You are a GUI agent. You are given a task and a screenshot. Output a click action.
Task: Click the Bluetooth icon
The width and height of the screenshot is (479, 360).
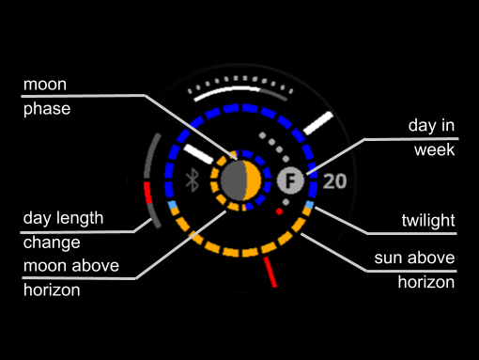coord(193,180)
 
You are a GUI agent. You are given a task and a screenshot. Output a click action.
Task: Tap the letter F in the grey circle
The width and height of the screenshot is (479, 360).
coord(290,180)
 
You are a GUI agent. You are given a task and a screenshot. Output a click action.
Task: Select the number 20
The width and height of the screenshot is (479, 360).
coord(334,181)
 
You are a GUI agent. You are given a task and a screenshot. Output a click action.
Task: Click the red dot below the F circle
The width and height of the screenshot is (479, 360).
coord(279,211)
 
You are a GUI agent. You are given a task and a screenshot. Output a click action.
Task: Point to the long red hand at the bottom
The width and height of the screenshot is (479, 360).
coord(270,272)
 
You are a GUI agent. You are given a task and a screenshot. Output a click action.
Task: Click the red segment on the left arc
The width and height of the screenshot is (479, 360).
coord(147,193)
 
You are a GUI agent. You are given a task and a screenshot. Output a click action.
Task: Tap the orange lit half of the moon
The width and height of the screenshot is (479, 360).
coord(253,180)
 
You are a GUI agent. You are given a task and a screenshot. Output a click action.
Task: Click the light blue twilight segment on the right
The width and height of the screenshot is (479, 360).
coord(309,205)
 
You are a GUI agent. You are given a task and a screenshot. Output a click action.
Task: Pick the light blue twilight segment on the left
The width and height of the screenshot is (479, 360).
coord(173,205)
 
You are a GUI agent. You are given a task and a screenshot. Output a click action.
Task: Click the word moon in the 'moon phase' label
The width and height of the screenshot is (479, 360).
coord(45,85)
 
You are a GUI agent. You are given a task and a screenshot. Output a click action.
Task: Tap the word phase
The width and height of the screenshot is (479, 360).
coord(47,109)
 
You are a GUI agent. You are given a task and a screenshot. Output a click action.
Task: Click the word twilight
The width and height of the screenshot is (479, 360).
coord(428,220)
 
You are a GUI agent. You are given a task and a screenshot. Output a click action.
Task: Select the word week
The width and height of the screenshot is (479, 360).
coord(434,149)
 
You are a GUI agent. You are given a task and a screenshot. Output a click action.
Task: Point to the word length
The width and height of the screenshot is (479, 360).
coord(82,218)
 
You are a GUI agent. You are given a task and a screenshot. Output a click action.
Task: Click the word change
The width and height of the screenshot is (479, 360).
coord(52,243)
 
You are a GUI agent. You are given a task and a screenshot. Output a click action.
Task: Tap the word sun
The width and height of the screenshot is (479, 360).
coord(388,258)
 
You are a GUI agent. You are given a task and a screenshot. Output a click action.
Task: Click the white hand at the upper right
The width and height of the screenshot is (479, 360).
coord(318,123)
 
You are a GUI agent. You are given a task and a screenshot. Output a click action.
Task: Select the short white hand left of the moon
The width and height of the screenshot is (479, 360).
coord(198,154)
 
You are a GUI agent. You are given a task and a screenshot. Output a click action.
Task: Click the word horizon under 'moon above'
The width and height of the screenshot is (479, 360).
coord(52,290)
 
